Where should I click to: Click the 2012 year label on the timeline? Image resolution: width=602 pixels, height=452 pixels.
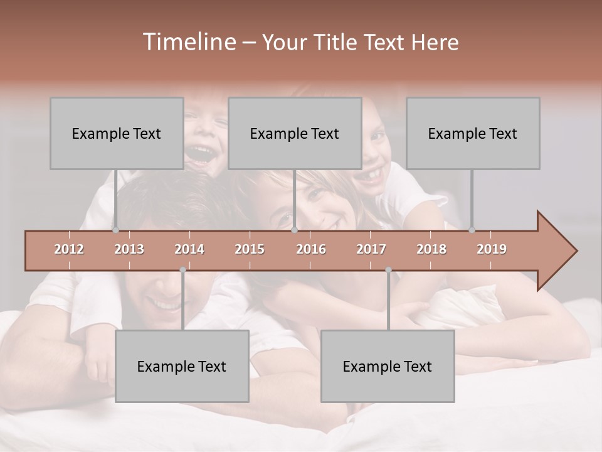[x=69, y=249]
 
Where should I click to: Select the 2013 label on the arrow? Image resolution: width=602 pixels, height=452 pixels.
[x=129, y=249]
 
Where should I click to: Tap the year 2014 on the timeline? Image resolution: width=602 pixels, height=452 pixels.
[x=189, y=249]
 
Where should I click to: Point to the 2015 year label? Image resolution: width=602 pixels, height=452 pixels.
[x=250, y=249]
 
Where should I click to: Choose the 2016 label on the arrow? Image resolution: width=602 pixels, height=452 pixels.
[x=311, y=249]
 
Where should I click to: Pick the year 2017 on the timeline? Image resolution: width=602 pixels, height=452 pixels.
[x=371, y=249]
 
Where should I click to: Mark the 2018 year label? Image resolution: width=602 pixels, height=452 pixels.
[x=431, y=249]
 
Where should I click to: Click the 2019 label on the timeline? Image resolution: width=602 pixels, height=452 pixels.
[x=492, y=249]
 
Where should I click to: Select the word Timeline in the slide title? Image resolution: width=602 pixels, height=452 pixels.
[x=188, y=42]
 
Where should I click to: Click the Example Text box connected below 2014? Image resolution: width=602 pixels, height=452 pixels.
[x=182, y=366]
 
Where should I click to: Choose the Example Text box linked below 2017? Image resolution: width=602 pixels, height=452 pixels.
[x=388, y=366]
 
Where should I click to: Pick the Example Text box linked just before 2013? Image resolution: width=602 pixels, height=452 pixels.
[x=117, y=133]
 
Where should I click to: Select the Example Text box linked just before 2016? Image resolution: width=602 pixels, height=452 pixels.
[x=295, y=133]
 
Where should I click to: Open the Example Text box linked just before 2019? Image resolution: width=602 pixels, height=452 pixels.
[x=473, y=133]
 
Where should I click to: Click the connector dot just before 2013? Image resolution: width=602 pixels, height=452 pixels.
[x=115, y=230]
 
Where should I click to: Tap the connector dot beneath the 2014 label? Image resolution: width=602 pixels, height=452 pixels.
[x=182, y=270]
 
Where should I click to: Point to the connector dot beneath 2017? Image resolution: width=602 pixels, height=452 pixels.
[x=388, y=270]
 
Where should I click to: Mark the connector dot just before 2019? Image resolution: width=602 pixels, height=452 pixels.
[x=472, y=230]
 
